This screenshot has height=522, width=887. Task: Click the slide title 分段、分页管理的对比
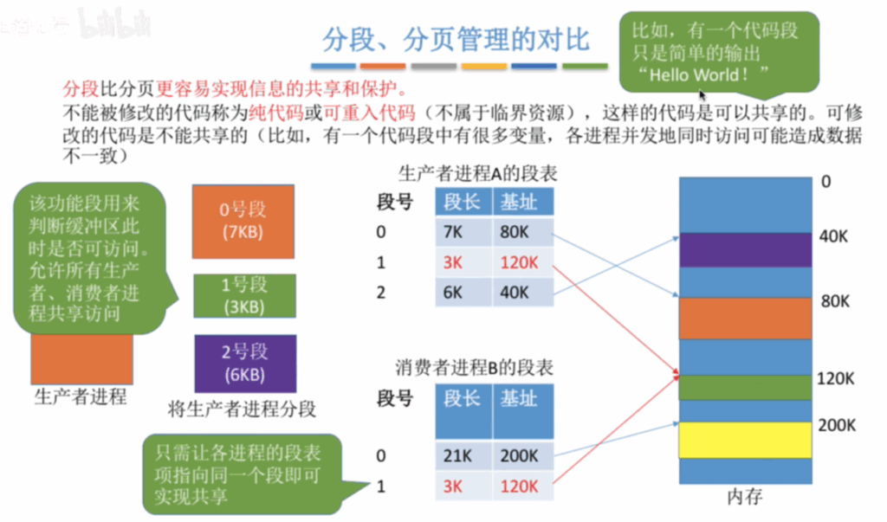pos(456,40)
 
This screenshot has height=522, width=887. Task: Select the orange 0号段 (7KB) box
pos(243,221)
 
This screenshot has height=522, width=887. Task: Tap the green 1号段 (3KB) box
pos(244,296)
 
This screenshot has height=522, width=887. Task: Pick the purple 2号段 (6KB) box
pos(245,363)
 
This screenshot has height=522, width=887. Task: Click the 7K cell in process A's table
pos(463,232)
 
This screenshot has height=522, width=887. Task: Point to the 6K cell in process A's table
pos(463,293)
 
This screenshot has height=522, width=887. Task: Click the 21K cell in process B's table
pos(463,455)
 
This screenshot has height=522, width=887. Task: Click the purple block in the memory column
pos(746,249)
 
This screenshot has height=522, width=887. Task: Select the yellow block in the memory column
pos(746,440)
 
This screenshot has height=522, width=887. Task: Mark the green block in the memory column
pos(746,388)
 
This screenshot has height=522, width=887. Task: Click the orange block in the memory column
pos(746,319)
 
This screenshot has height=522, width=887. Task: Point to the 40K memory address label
pos(833,236)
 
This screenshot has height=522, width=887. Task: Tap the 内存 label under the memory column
pos(744,497)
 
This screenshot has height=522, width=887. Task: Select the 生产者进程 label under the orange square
pos(81,396)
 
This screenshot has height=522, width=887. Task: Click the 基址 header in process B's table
pos(519,398)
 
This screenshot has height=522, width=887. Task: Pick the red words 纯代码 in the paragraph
pos(276,113)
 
